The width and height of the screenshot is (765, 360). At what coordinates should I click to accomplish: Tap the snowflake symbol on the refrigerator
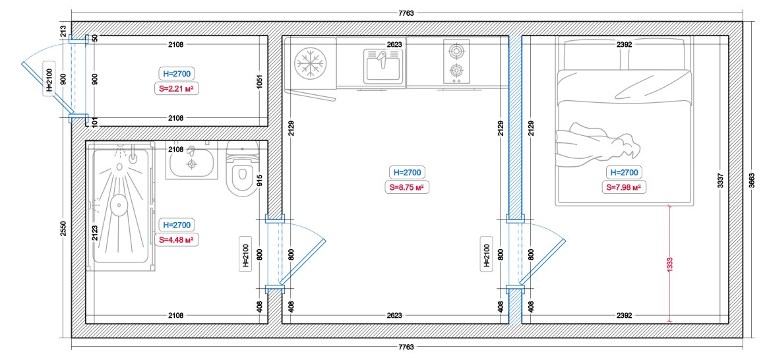tap(311, 63)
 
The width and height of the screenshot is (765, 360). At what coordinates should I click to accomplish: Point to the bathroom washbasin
tap(192, 162)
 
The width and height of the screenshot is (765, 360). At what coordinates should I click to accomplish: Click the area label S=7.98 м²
tap(623, 187)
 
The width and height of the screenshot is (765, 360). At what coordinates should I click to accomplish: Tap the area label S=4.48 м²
tap(176, 239)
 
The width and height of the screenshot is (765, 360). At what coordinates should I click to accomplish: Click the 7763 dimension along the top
tap(406, 14)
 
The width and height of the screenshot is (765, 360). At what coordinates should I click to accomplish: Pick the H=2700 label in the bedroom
tap(623, 172)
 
